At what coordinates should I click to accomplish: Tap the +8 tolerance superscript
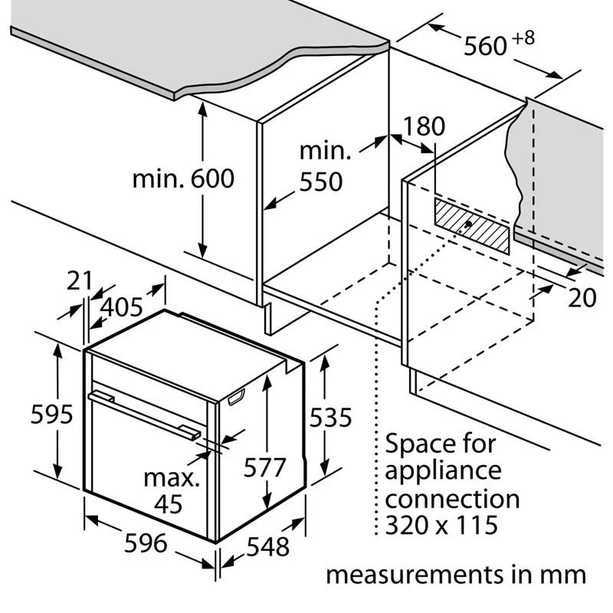524,37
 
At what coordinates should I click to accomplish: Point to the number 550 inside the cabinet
320,182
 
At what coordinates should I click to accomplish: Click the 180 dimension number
424,126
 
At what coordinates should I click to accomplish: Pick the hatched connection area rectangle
472,225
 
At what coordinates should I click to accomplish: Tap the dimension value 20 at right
582,297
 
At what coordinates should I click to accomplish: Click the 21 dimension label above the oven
80,280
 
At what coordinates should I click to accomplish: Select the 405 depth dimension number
122,306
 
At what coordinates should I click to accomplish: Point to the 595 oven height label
51,415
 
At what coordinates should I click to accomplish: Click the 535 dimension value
330,418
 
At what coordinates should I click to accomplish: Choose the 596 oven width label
145,543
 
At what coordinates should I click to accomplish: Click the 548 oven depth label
268,546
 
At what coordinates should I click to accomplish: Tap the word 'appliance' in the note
443,470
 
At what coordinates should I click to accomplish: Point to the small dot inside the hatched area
467,225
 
